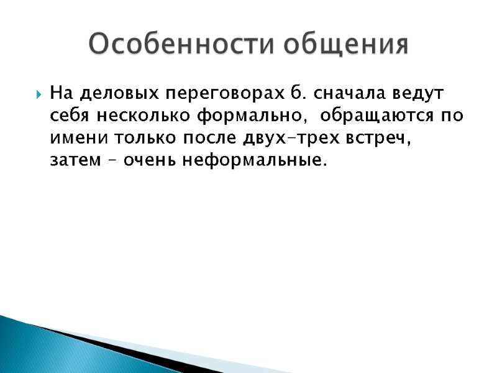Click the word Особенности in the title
pos(180,44)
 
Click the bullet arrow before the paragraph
pos(39,95)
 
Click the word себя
pos(70,116)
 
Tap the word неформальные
pos(254,161)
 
